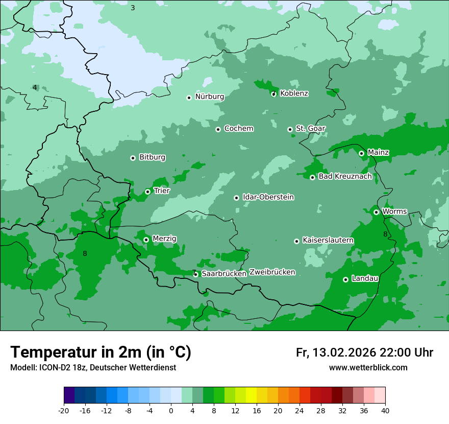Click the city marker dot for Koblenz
tap(273, 93)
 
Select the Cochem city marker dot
tap(218, 129)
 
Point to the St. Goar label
tap(310, 128)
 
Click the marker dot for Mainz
tap(361, 153)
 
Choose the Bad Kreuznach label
tap(345, 176)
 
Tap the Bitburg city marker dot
tap(133, 158)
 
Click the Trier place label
tap(162, 191)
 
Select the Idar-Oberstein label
tap(268, 197)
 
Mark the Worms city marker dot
tap(376, 212)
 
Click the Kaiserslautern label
tap(328, 240)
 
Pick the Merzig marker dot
tap(146, 240)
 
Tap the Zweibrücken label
tap(272, 272)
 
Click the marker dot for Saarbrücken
tap(195, 274)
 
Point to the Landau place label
tap(365, 278)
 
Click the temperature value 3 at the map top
tap(133, 8)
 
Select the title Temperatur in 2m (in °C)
tap(101, 352)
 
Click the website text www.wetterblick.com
tap(368, 368)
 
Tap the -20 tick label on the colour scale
tap(64, 411)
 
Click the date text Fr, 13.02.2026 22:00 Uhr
tap(364, 352)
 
